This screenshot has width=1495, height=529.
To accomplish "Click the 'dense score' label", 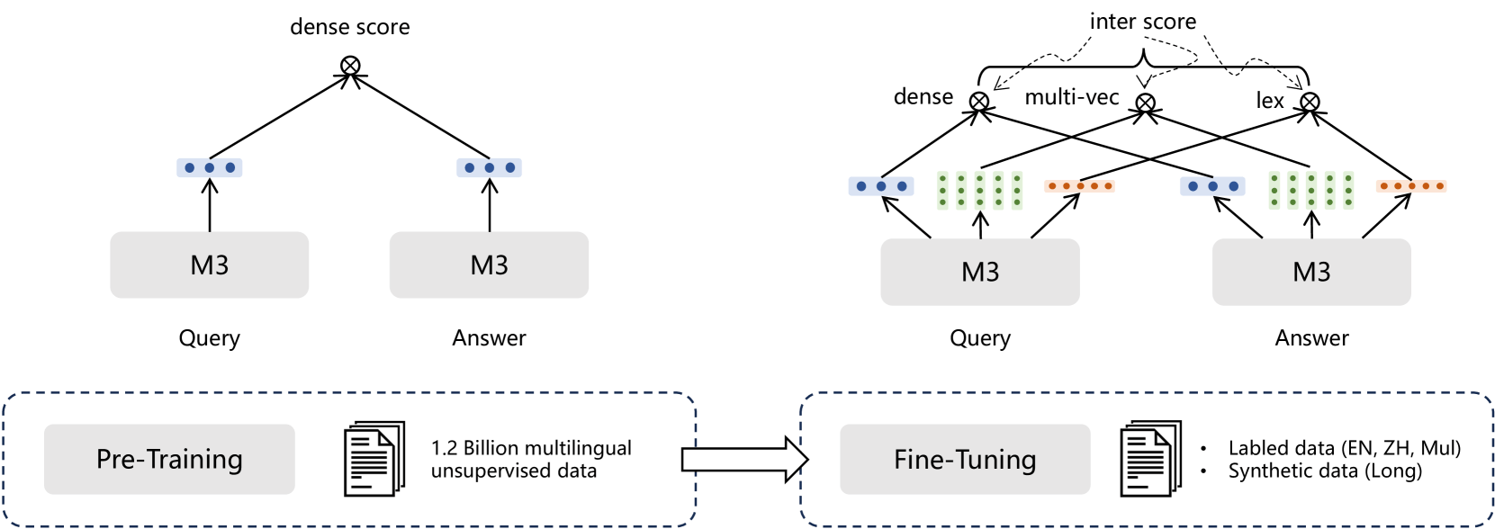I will [x=349, y=27].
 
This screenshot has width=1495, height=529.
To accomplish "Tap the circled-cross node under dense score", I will [x=350, y=65].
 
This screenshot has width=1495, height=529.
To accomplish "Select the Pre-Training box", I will [x=169, y=459].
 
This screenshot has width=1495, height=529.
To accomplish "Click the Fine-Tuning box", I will [x=965, y=460].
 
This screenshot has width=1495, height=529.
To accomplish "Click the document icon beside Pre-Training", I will [x=374, y=459].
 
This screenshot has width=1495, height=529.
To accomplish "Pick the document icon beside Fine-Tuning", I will [x=1149, y=459].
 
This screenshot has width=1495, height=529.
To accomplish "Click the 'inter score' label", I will [x=1142, y=22].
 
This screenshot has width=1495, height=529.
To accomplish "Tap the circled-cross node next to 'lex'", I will [x=1310, y=102].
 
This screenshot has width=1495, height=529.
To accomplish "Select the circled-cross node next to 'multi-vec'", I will [x=1145, y=103].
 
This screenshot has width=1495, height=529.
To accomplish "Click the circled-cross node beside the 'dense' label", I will [x=979, y=102].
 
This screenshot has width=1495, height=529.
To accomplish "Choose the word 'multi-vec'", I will [x=1071, y=97].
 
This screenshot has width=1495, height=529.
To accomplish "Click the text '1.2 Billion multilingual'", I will [x=531, y=448].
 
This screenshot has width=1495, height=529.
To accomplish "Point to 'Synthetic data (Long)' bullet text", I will [x=1325, y=471].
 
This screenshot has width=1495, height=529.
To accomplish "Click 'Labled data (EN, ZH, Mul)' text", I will [x=1344, y=448].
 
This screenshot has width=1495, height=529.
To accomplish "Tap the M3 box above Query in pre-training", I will [x=209, y=265].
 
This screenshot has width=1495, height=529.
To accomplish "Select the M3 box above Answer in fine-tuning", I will [x=1310, y=272].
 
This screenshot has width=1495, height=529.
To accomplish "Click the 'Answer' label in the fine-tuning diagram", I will [x=1311, y=338].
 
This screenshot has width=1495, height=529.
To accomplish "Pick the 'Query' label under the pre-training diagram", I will [x=209, y=338].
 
